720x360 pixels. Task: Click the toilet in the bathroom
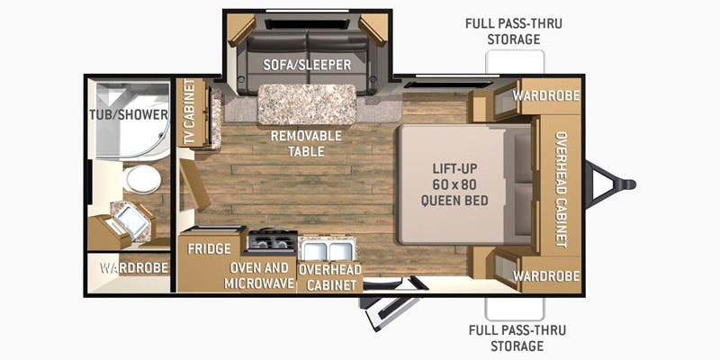143,179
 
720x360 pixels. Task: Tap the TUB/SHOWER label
129,115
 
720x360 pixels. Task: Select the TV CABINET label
189,112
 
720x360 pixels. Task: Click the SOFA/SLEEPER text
307,65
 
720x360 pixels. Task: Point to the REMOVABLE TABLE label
306,143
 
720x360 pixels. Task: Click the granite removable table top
307,104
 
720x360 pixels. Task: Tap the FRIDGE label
209,249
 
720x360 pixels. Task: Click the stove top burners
273,240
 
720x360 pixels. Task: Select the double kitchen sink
327,251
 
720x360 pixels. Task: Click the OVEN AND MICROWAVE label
259,275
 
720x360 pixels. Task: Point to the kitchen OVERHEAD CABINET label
330,277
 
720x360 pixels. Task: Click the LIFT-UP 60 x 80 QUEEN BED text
454,184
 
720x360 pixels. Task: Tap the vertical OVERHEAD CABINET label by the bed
561,189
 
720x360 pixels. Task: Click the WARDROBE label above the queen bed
546,95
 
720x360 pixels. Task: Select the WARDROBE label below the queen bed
546,276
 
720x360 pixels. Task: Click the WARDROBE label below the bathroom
134,267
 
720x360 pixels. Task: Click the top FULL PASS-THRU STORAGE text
514,31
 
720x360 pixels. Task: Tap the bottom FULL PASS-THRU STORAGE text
517,337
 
